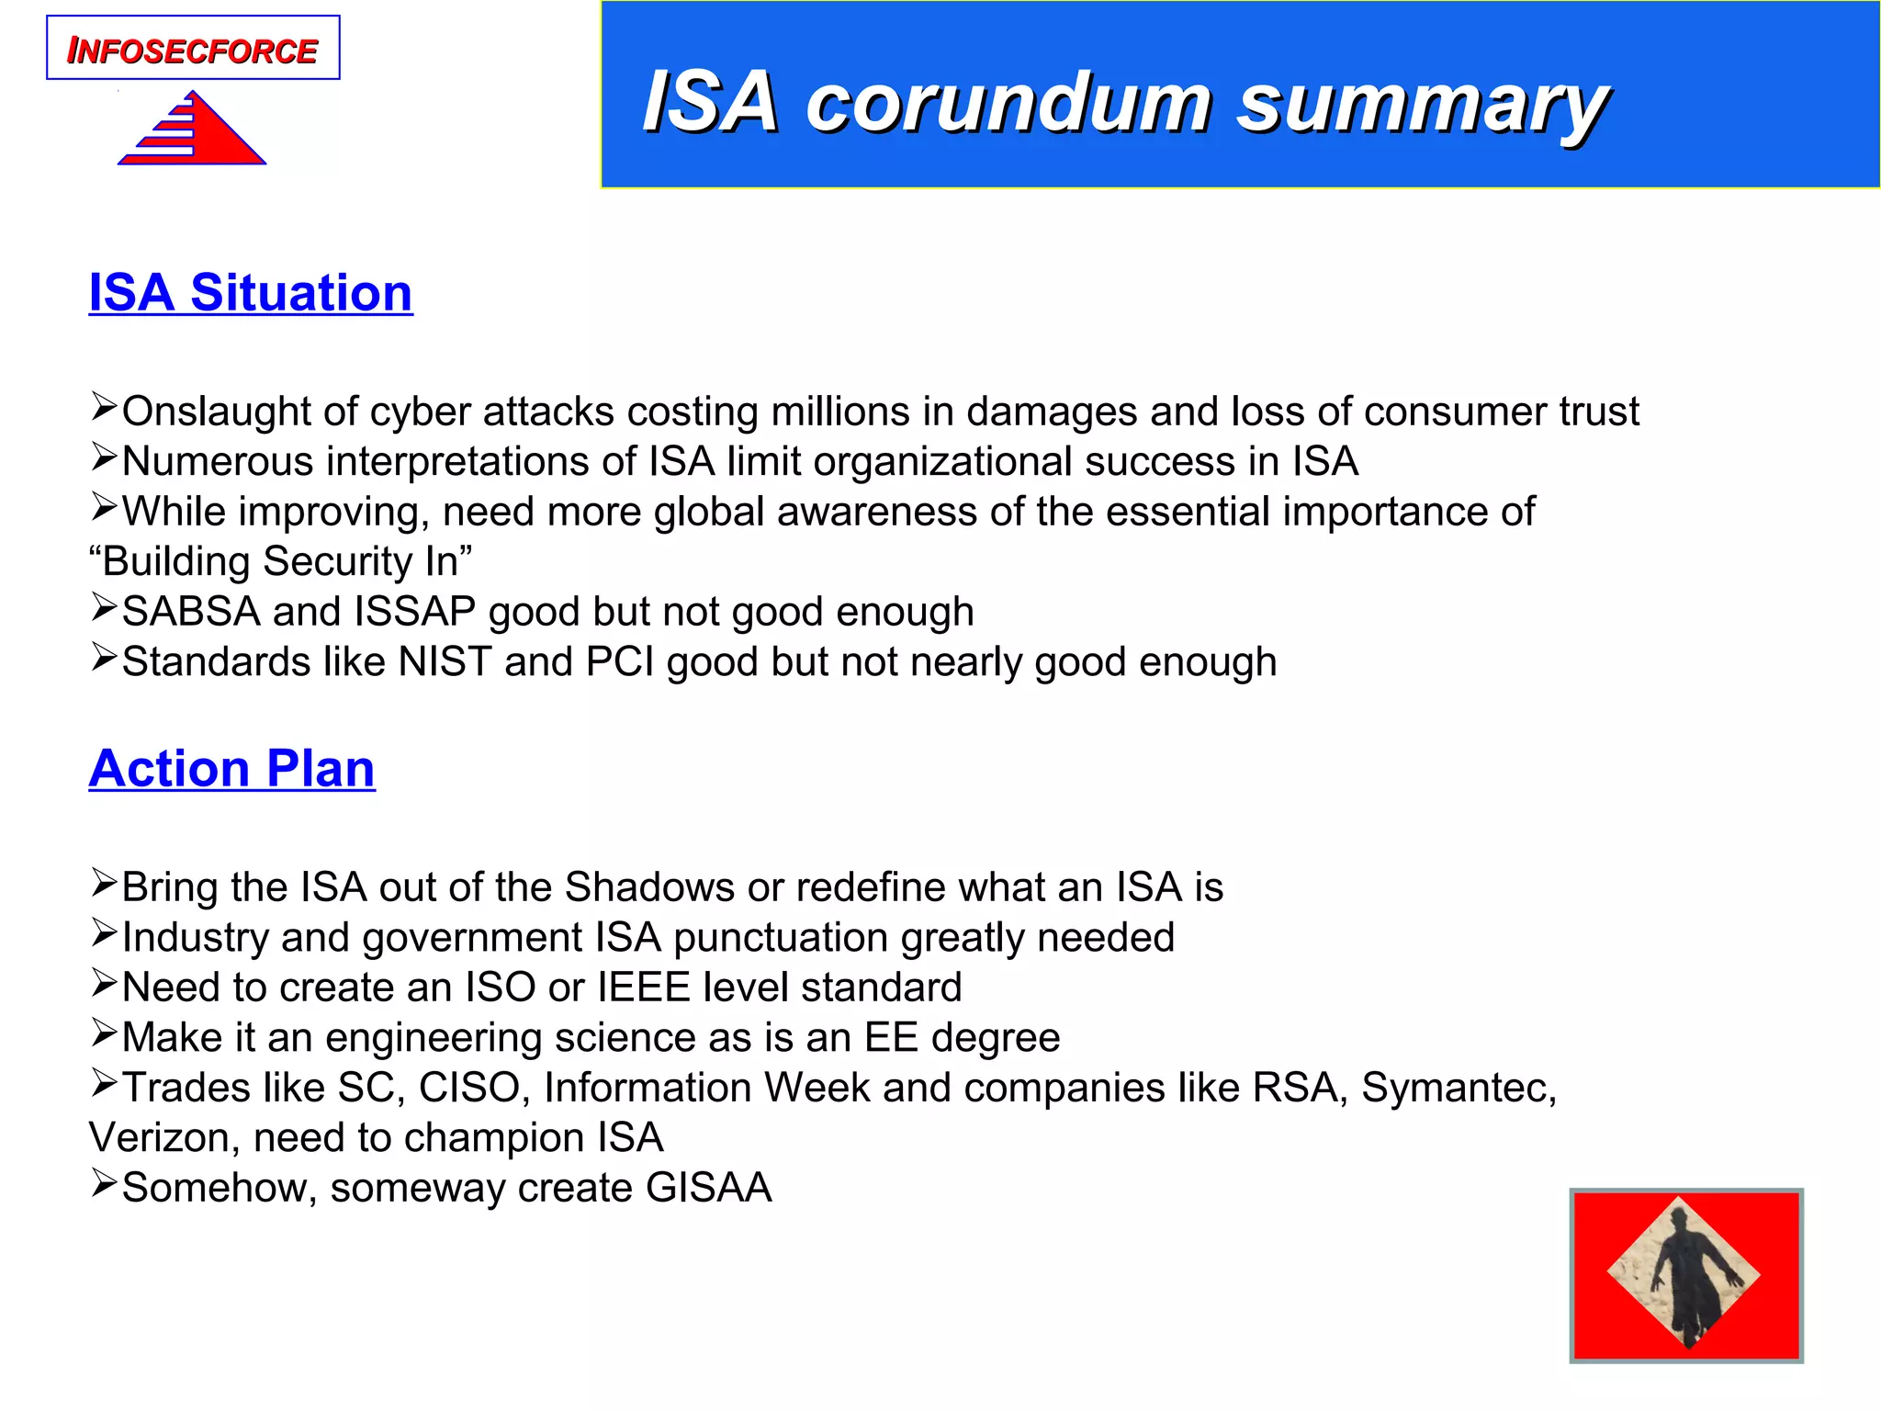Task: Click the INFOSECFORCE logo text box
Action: pos(193,49)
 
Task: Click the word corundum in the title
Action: pos(1008,103)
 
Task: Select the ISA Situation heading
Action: pos(251,293)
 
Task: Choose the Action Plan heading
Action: pos(232,769)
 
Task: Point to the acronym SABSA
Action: pos(190,612)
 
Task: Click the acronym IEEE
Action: pos(643,988)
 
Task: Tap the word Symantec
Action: pos(1458,1089)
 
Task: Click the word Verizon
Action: pos(164,1138)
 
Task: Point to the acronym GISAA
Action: pos(708,1189)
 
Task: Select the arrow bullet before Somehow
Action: pos(104,1183)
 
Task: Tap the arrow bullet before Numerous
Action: pos(104,457)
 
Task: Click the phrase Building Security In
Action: pos(280,562)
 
